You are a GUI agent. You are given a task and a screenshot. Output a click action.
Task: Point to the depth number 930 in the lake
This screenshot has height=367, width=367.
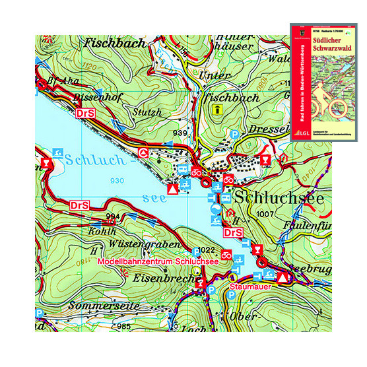pos(119,181)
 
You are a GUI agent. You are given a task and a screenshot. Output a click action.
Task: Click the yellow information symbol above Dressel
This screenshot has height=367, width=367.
pos(217,112)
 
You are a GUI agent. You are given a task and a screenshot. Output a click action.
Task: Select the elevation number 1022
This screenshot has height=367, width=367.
pos(207,249)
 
